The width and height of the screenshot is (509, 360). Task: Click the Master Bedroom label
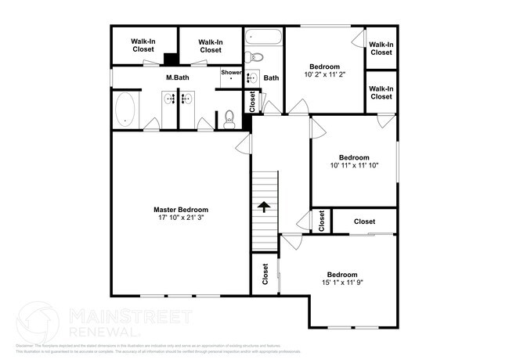tap(181, 209)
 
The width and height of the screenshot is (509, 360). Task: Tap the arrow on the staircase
tap(265, 207)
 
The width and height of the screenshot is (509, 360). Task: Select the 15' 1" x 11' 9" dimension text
tap(342, 284)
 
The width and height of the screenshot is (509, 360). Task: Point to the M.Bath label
tap(175, 78)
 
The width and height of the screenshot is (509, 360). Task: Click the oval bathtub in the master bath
tap(125, 110)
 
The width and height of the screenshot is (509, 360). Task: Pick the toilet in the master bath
tap(229, 118)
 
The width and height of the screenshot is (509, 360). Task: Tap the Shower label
tap(231, 73)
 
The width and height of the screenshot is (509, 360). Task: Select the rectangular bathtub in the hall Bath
tap(264, 37)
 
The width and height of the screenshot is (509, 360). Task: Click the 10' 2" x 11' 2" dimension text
tap(324, 74)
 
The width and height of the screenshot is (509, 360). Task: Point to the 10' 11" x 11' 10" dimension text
tap(354, 165)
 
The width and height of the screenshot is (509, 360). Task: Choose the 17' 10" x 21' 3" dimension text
tap(181, 218)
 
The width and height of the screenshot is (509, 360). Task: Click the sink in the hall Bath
tap(252, 77)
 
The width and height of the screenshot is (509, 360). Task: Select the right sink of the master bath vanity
tap(188, 99)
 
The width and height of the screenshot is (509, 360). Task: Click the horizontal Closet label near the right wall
tap(364, 221)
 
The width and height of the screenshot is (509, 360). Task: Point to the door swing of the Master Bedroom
tap(243, 142)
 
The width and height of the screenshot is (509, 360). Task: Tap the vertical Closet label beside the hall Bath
tap(252, 101)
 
